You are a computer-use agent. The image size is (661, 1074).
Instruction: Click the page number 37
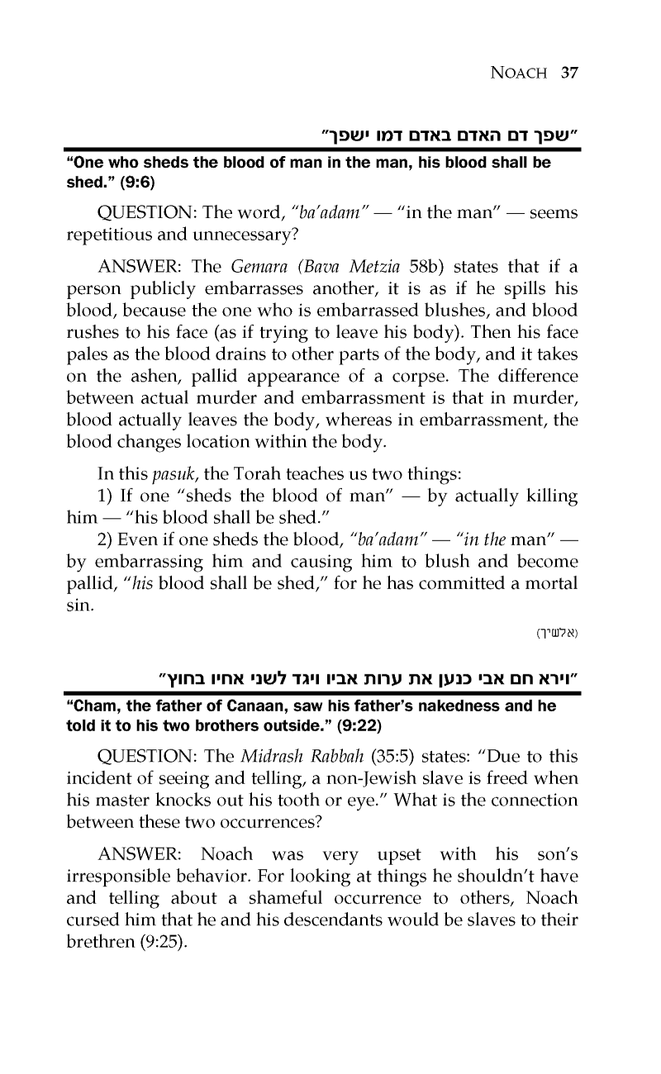568,72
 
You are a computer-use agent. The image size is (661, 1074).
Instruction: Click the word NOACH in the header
520,73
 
